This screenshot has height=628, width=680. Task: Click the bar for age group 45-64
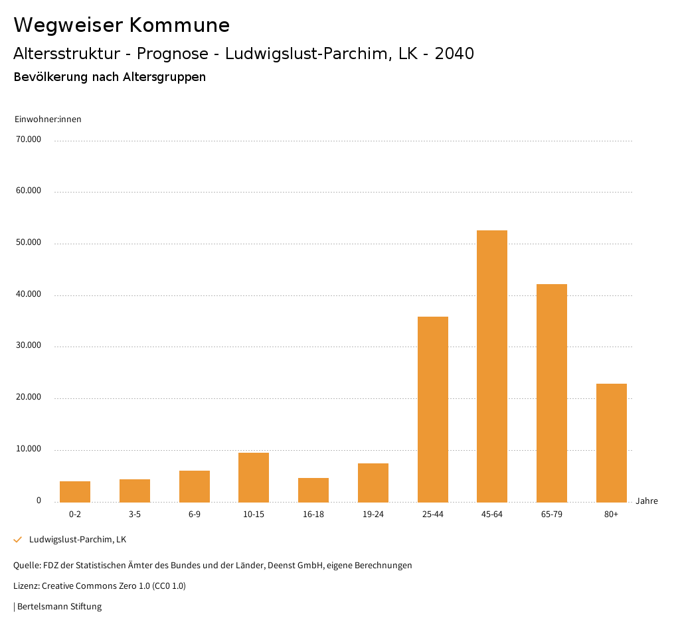492,366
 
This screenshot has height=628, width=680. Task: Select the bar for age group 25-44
432,409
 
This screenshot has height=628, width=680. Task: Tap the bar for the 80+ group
611,443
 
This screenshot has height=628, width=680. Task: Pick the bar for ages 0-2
75,492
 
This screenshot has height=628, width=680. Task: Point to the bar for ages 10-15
254,477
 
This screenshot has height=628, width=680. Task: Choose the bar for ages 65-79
552,393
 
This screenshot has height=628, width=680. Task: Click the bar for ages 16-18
313,490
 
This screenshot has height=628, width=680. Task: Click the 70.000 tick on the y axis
29,139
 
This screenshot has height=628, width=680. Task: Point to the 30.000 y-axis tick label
29,345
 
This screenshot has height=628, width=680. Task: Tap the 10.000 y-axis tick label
29,449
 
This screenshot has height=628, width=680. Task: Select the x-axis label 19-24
373,514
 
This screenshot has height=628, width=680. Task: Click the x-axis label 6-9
195,514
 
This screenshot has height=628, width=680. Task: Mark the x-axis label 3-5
135,514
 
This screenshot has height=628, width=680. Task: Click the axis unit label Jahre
646,501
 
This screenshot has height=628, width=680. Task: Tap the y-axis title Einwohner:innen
48,119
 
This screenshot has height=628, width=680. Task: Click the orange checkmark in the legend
18,540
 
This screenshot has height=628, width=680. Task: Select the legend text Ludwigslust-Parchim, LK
78,539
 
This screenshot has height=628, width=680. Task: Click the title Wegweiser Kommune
122,25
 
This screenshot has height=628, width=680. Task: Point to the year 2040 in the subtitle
454,54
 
